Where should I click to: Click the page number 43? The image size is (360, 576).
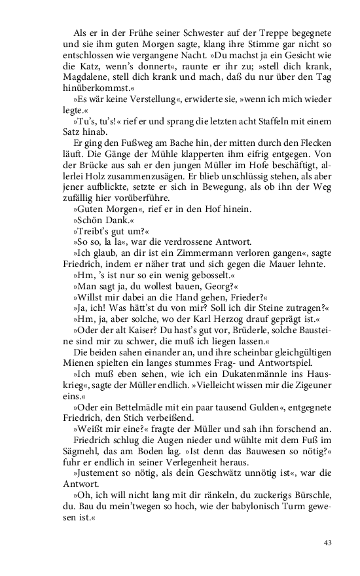coord(329,543)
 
